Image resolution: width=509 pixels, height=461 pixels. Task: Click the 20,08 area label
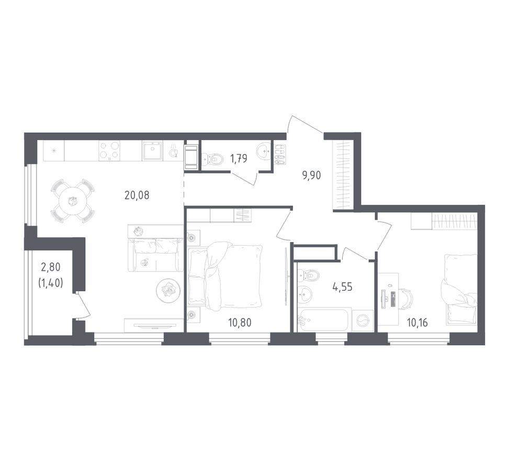coord(137,195)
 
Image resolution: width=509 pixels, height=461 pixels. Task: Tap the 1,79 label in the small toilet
coord(239,159)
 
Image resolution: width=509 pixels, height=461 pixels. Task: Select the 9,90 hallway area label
coord(311,175)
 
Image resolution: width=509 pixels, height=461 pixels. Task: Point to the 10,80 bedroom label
coord(240,323)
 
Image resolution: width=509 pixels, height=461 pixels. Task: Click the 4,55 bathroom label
coord(343,287)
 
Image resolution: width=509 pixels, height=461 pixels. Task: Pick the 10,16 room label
coord(417,323)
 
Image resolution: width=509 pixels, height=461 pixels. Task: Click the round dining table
coord(73,201)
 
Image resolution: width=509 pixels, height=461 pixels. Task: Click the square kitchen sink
coord(152,150)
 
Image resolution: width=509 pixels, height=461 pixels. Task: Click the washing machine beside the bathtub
coord(363,321)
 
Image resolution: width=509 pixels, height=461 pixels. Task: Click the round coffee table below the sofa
coord(168,290)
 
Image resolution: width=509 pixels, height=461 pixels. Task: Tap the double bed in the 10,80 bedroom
coord(225,277)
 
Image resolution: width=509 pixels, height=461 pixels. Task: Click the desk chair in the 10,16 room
coord(404,299)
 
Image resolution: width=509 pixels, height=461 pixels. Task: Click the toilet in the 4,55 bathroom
coord(308,276)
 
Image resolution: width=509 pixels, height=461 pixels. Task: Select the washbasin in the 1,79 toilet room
coord(265,151)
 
